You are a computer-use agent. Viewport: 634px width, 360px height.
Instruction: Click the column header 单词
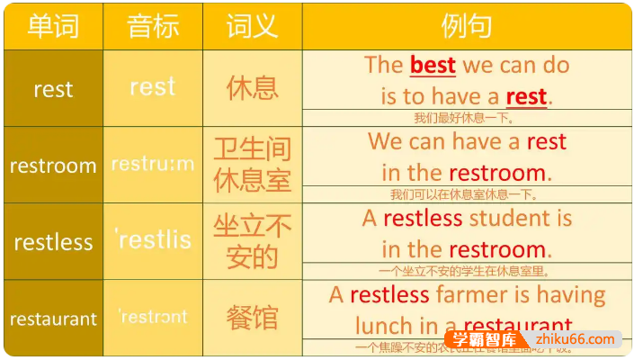tap(53, 26)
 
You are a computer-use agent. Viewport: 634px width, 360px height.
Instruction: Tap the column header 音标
tap(152, 26)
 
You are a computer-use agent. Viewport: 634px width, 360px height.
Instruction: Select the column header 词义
tap(252, 26)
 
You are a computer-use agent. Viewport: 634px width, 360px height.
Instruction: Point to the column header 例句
tap(466, 26)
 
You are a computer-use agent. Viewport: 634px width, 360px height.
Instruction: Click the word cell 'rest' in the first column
tap(53, 89)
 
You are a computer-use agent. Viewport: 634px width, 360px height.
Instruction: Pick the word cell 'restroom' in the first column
tap(53, 166)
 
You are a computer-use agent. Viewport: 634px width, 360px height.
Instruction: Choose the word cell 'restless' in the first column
tap(53, 242)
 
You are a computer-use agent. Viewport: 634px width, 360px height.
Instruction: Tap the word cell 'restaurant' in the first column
tap(53, 319)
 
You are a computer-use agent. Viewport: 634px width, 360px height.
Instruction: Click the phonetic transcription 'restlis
tap(153, 239)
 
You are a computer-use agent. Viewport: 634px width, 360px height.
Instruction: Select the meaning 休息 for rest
tap(252, 88)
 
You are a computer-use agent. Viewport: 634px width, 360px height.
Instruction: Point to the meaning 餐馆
tap(252, 318)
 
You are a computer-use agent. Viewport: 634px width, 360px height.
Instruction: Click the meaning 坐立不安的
tap(252, 241)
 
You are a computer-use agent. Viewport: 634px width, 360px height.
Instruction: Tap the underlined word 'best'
tap(433, 65)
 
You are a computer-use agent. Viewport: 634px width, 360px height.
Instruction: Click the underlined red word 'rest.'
tap(528, 95)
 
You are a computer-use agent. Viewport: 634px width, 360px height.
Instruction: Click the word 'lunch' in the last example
tap(385, 326)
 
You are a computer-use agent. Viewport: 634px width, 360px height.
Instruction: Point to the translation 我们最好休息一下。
tap(464, 117)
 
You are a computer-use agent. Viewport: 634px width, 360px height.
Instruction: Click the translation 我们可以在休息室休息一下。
tap(464, 193)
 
